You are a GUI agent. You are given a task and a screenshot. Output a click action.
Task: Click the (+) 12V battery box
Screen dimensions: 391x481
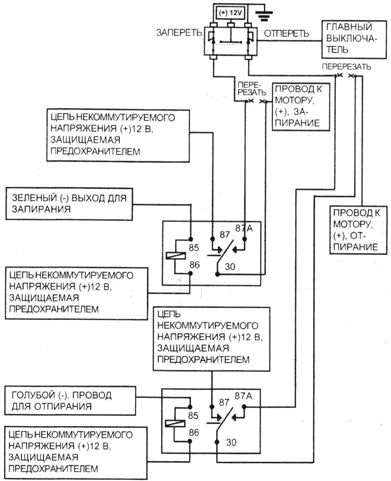tap(231, 13)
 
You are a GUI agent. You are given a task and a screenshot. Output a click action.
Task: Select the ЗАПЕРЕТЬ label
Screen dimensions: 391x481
tap(179, 32)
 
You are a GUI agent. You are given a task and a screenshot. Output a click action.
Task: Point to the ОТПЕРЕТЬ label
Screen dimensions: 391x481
tap(286, 33)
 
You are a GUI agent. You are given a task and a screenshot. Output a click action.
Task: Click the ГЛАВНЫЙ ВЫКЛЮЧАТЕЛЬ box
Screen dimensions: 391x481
tap(354, 39)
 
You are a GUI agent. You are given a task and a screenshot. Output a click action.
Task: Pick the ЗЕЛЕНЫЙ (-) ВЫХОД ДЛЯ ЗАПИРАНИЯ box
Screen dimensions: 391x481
tap(69, 204)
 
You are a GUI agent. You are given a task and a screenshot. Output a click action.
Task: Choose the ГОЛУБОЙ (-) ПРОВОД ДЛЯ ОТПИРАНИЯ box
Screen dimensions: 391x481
tap(70, 401)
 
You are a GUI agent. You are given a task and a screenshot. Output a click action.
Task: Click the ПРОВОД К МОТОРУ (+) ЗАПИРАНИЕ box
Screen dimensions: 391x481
tap(301, 107)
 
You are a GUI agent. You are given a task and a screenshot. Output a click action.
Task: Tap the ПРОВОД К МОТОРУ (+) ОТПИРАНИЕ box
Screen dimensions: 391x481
tap(358, 230)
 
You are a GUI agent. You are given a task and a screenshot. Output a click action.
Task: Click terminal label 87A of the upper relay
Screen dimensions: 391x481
tap(244, 228)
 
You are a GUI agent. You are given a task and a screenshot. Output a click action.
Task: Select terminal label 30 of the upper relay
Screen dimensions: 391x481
tap(230, 267)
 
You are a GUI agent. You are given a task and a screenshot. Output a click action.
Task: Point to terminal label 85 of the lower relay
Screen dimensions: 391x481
tap(193, 415)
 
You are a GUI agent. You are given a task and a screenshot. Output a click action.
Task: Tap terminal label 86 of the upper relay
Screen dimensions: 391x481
tap(194, 264)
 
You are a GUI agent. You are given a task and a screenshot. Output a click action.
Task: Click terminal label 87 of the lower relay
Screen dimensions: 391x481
tap(224, 402)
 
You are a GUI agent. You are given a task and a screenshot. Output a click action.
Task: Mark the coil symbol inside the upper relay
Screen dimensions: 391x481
tap(176, 256)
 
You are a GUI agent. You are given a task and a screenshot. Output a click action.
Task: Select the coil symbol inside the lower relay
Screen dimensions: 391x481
tap(175, 423)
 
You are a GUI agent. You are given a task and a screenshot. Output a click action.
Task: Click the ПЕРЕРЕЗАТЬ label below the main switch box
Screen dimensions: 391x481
tap(346, 67)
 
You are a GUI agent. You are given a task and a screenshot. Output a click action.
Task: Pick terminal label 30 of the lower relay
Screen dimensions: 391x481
tap(231, 442)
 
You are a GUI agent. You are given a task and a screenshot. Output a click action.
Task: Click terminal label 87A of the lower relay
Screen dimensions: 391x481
tap(243, 396)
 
